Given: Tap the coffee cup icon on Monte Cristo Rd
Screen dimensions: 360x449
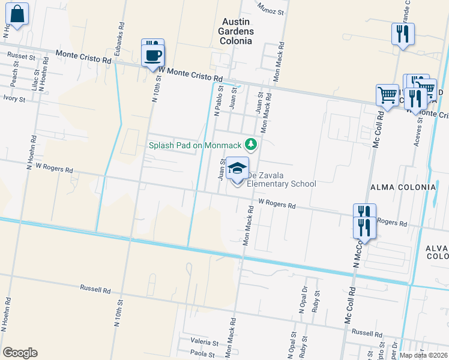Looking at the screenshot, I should pyautogui.click(x=152, y=55).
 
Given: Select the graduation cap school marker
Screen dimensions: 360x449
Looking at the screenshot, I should pyautogui.click(x=237, y=170).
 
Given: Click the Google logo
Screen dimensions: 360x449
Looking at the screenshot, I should pyautogui.click(x=20, y=353).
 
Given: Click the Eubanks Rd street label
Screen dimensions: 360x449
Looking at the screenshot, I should pyautogui.click(x=121, y=35).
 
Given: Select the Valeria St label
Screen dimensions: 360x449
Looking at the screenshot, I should pyautogui.click(x=203, y=340).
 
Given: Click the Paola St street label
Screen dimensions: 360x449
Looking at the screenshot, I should pyautogui.click(x=203, y=354).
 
